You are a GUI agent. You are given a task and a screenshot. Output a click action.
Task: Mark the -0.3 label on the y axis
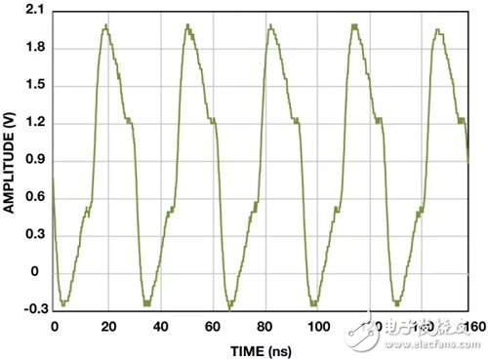click(31, 309)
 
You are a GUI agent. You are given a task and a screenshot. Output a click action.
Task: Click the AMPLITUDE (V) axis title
click(10, 161)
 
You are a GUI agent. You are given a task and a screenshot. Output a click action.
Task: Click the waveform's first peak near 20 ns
click(104, 26)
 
